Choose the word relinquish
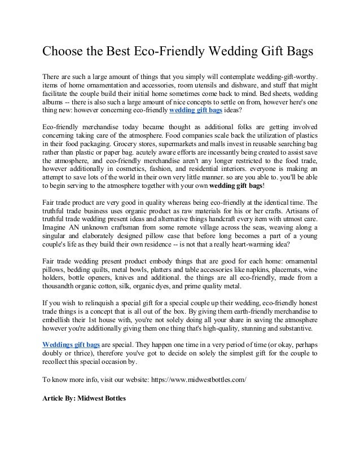(99, 309)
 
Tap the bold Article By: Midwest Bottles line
(84, 398)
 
